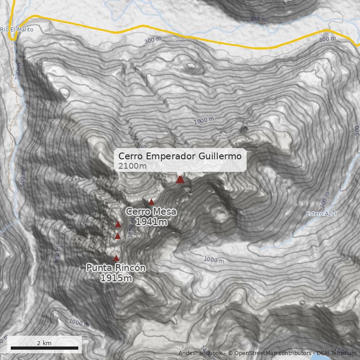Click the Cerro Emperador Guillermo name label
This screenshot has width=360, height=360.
(x=180, y=156)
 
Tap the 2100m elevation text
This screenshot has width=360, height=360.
(x=132, y=166)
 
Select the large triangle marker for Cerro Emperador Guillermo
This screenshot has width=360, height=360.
(x=180, y=180)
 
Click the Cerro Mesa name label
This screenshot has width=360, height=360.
(x=151, y=211)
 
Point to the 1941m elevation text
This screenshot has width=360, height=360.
(x=151, y=221)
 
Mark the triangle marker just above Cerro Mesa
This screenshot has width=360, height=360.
(x=152, y=202)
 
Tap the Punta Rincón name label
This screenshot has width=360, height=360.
(x=116, y=268)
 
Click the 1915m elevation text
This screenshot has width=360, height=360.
(x=116, y=278)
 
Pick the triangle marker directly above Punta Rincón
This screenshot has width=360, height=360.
(x=116, y=258)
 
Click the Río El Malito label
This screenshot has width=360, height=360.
(x=17, y=30)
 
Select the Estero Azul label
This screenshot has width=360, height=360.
(x=321, y=213)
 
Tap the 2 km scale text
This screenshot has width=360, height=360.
(x=44, y=343)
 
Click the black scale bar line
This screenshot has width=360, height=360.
(x=44, y=348)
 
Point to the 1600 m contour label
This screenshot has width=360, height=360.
(x=131, y=231)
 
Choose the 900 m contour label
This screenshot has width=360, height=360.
(x=58, y=254)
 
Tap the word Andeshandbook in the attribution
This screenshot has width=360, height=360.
(x=200, y=353)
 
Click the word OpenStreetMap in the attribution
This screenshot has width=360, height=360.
(x=253, y=353)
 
